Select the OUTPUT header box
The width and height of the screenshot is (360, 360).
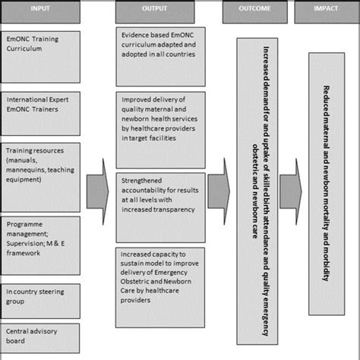159,9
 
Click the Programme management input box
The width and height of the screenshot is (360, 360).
51,245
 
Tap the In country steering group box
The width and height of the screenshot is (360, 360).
51,298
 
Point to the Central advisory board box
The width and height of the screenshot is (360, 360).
51,338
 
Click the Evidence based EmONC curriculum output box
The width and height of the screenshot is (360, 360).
161,57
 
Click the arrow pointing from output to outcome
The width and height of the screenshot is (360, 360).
219,187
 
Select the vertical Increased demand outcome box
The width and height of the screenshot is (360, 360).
254,194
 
